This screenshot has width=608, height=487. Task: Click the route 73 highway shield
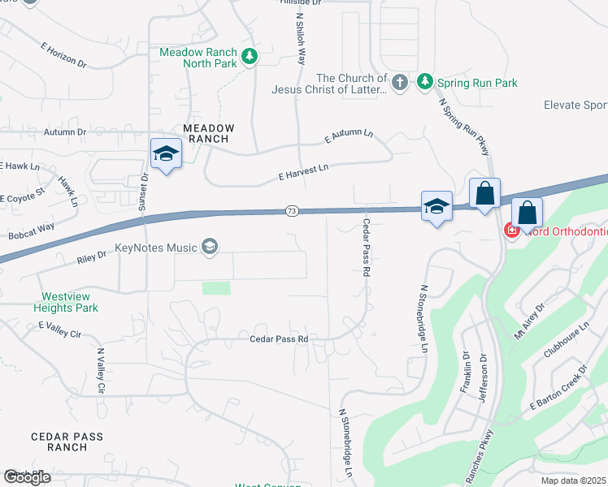292,211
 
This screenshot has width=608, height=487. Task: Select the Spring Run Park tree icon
423,82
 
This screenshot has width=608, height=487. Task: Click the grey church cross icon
399,82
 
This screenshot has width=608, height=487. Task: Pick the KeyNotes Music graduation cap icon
210,247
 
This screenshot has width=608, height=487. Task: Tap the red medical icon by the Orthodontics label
512,231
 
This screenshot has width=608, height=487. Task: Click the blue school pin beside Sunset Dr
165,153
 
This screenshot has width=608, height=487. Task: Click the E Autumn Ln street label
348,136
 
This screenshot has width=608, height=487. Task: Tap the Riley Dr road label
91,256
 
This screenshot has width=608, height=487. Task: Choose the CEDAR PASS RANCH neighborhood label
67,442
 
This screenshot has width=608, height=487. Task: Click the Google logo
27,477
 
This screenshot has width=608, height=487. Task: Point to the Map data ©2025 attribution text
574,481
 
